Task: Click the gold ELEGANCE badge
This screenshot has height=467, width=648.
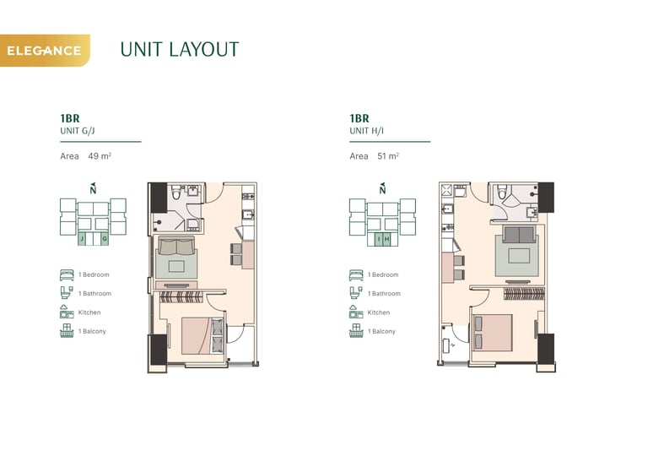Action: [45, 51]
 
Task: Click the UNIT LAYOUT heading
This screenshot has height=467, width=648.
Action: [180, 50]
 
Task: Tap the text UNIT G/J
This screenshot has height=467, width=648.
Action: [78, 131]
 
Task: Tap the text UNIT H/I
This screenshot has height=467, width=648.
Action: [366, 131]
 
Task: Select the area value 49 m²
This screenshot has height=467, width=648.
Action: [100, 156]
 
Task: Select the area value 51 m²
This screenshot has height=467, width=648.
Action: [388, 156]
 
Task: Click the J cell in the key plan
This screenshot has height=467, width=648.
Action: [82, 239]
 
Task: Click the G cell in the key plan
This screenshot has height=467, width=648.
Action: [105, 239]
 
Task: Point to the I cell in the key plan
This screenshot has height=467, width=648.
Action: [379, 239]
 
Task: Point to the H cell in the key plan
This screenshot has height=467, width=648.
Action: [386, 239]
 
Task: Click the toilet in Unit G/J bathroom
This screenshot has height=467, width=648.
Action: [175, 193]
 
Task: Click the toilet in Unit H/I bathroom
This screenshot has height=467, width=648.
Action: [502, 192]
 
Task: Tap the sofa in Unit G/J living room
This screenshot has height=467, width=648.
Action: [176, 246]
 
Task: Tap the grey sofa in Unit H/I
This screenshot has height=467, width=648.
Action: [519, 235]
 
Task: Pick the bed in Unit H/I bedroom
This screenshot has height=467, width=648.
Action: [493, 333]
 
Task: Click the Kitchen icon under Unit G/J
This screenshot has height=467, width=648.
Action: [67, 312]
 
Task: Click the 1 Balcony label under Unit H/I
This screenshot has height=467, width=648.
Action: [381, 331]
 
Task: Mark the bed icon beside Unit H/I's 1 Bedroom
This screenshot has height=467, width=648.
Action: [356, 275]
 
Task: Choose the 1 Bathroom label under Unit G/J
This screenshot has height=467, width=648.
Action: [94, 294]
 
